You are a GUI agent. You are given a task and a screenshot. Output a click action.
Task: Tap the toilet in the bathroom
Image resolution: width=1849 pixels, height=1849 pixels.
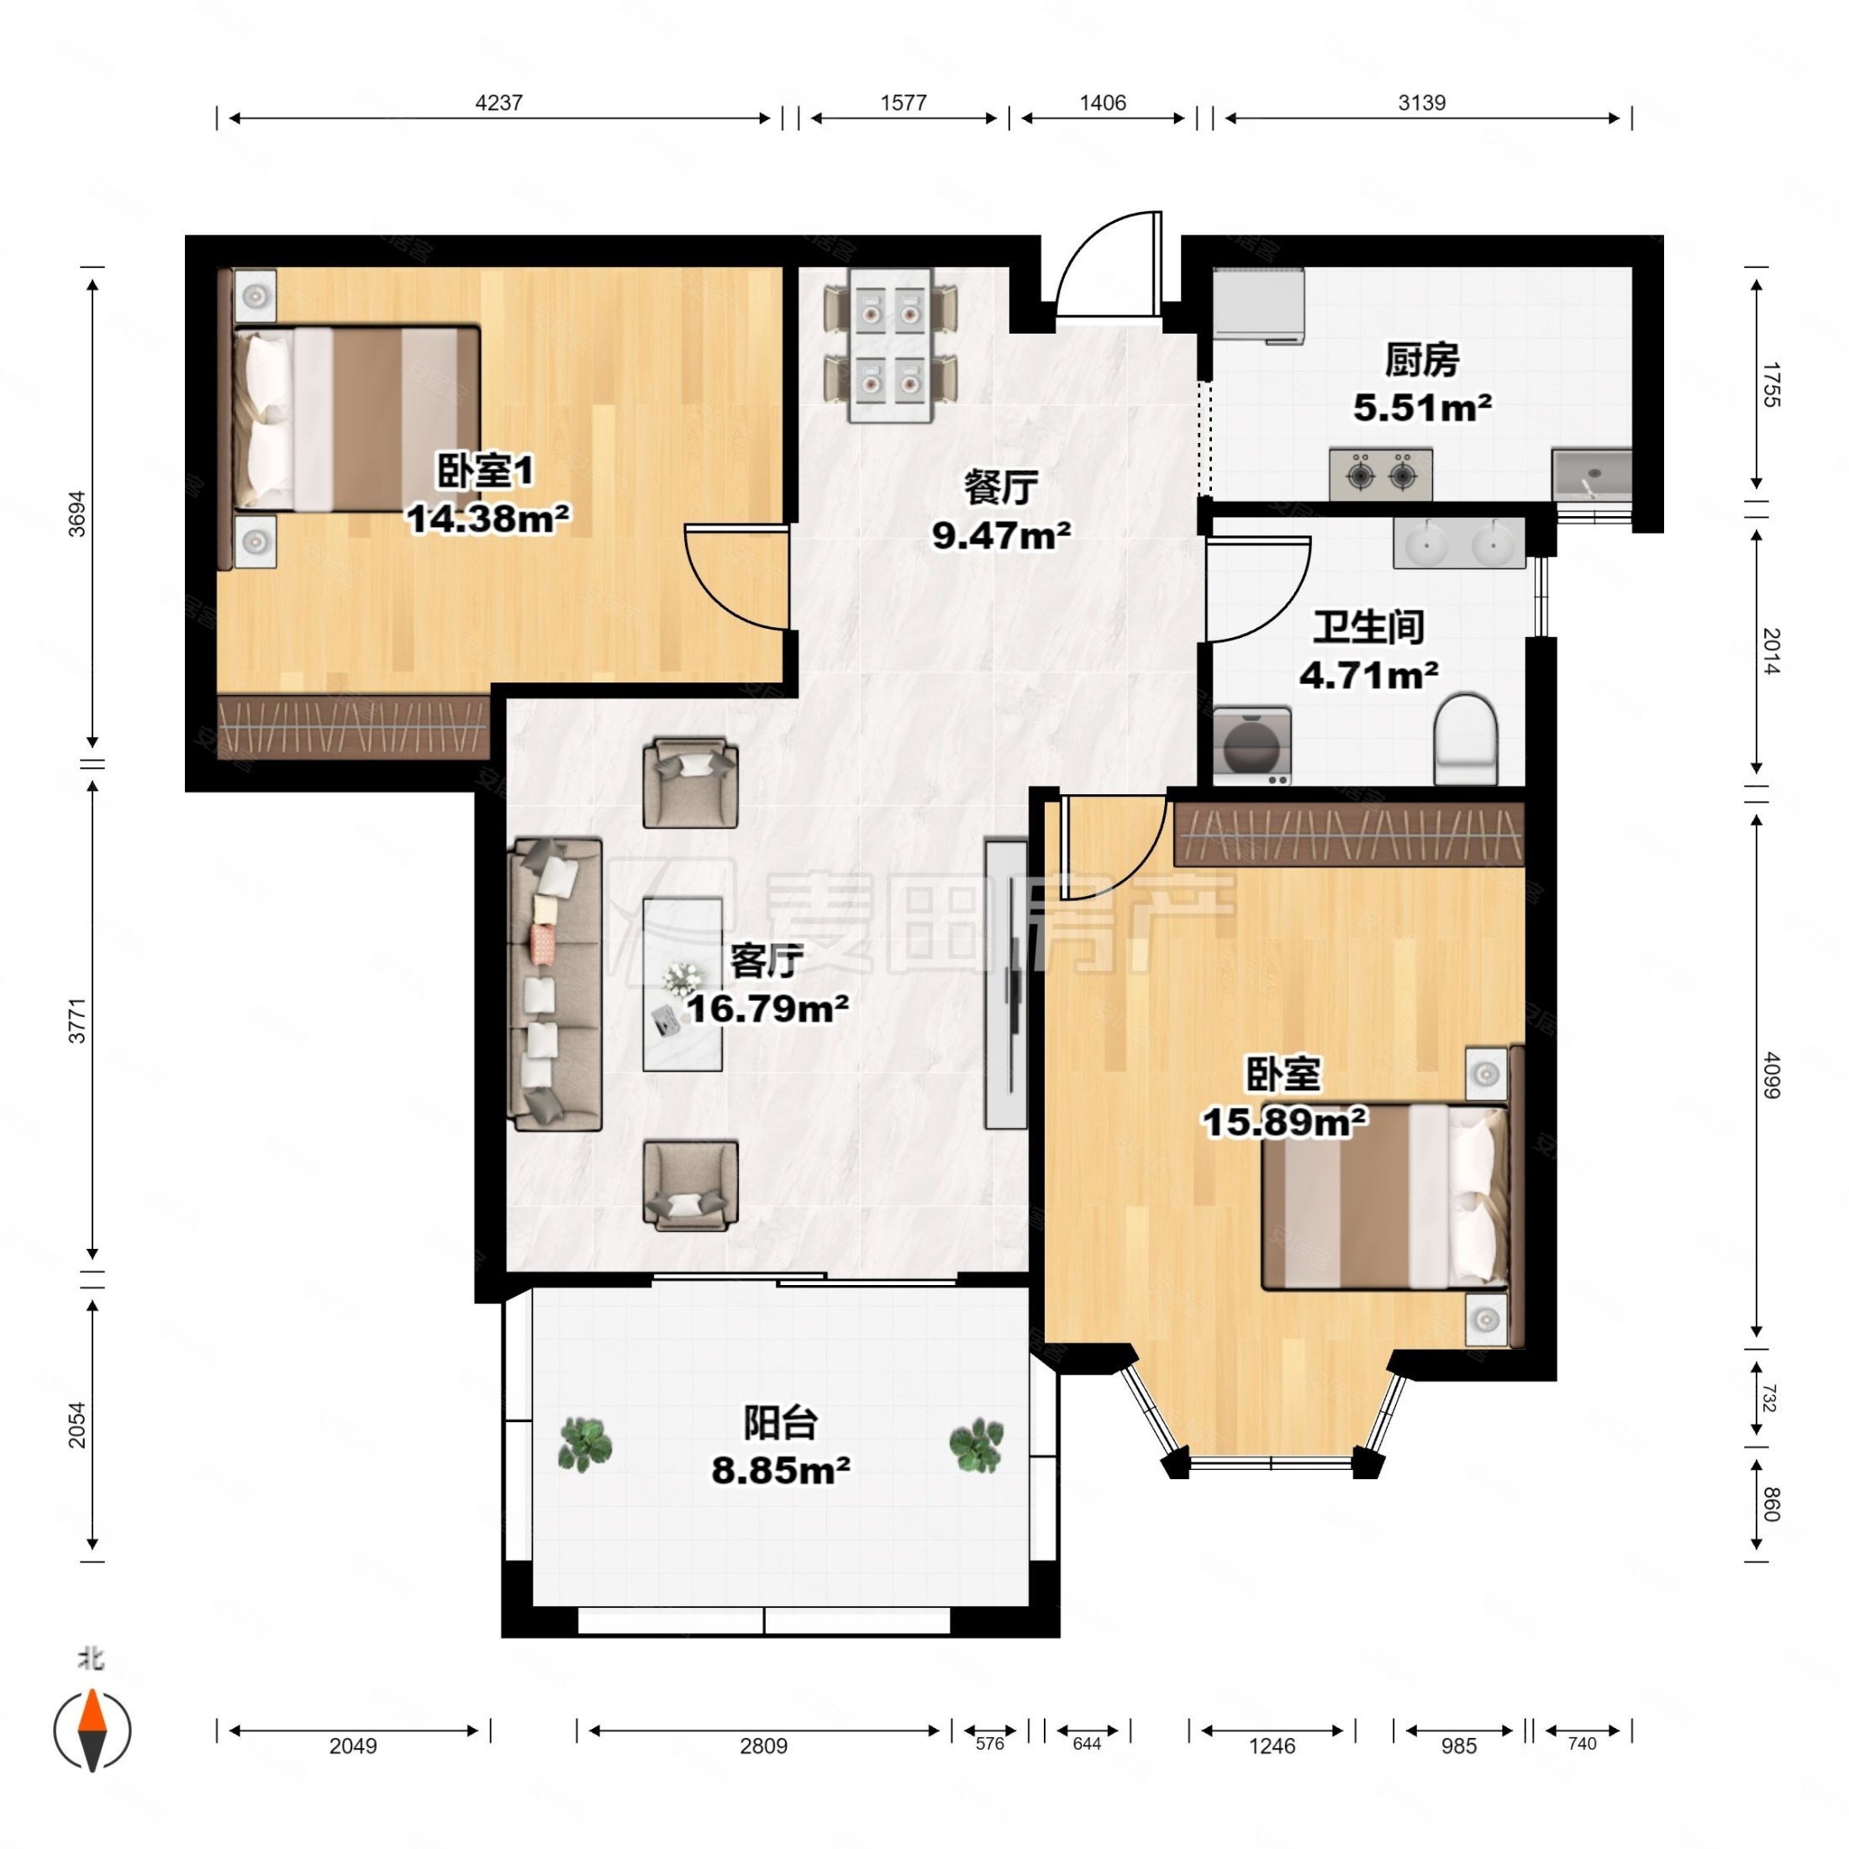(1465, 739)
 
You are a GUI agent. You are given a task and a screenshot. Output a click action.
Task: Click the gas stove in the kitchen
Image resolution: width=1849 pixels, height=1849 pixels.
(1380, 474)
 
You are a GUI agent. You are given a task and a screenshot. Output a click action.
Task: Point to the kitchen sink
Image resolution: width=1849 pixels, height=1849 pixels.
(1592, 476)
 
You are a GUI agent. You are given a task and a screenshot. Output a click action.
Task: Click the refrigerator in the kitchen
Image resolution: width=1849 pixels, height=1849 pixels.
(1258, 305)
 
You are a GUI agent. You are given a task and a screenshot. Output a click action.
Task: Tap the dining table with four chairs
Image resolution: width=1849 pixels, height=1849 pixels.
(891, 345)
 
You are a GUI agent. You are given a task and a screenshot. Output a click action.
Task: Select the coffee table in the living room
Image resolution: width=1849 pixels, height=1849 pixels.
(682, 984)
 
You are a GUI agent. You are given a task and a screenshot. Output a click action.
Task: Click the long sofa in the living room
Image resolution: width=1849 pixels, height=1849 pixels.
(554, 985)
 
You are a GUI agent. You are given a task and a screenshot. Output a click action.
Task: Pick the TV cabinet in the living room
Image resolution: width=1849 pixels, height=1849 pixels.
(1006, 985)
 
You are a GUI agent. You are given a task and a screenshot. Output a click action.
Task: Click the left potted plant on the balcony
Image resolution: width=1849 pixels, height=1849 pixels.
(585, 1444)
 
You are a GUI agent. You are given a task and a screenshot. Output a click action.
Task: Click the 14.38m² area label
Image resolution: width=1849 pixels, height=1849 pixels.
(488, 519)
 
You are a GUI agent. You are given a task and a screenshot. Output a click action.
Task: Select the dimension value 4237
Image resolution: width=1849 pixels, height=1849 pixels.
(498, 103)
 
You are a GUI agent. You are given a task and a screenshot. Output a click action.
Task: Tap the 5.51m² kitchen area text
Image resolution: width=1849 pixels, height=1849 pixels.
(1422, 408)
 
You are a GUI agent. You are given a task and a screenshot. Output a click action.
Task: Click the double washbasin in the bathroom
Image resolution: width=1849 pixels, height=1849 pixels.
(1458, 544)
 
